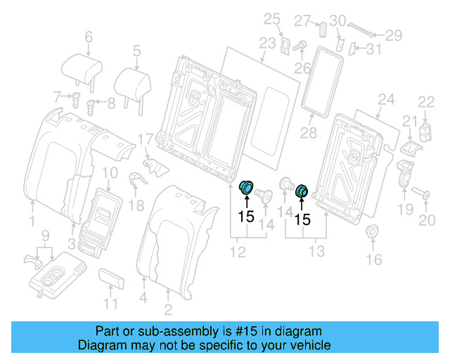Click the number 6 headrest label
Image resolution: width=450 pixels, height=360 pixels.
point(89,37)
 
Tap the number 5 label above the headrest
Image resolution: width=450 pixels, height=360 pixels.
point(136,50)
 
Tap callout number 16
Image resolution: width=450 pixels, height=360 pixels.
point(373,259)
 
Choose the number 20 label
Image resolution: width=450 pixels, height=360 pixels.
point(427,221)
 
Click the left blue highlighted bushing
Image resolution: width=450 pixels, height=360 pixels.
point(247,188)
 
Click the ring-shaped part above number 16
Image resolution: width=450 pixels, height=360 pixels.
point(373,232)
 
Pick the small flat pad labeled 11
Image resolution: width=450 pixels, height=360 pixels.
point(112,278)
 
